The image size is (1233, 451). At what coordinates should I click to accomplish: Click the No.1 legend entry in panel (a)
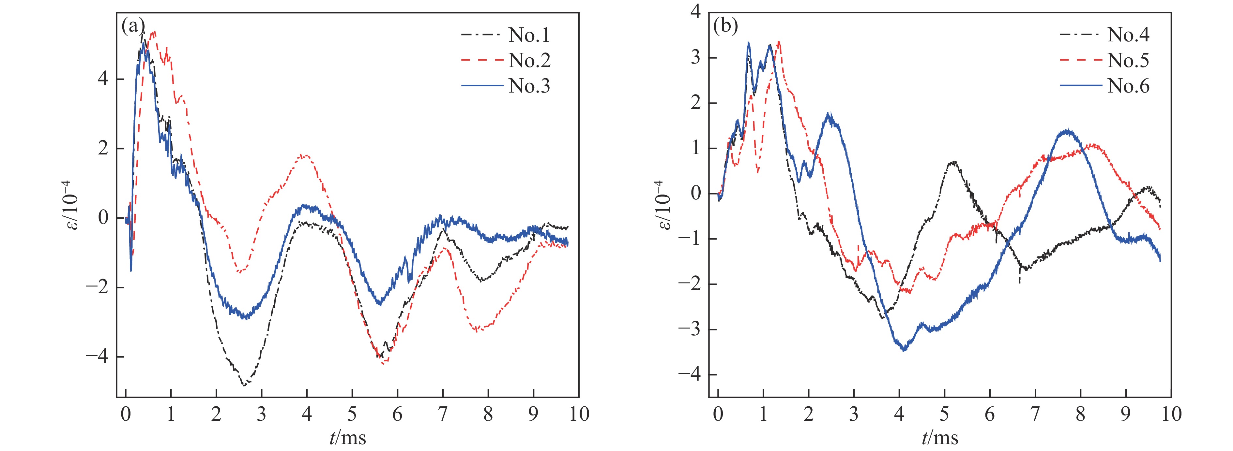529,36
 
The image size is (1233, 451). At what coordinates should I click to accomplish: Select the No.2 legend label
529,61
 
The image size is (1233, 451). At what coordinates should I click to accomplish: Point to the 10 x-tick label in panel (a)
578,414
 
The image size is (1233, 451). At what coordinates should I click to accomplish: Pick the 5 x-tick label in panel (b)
944,414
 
